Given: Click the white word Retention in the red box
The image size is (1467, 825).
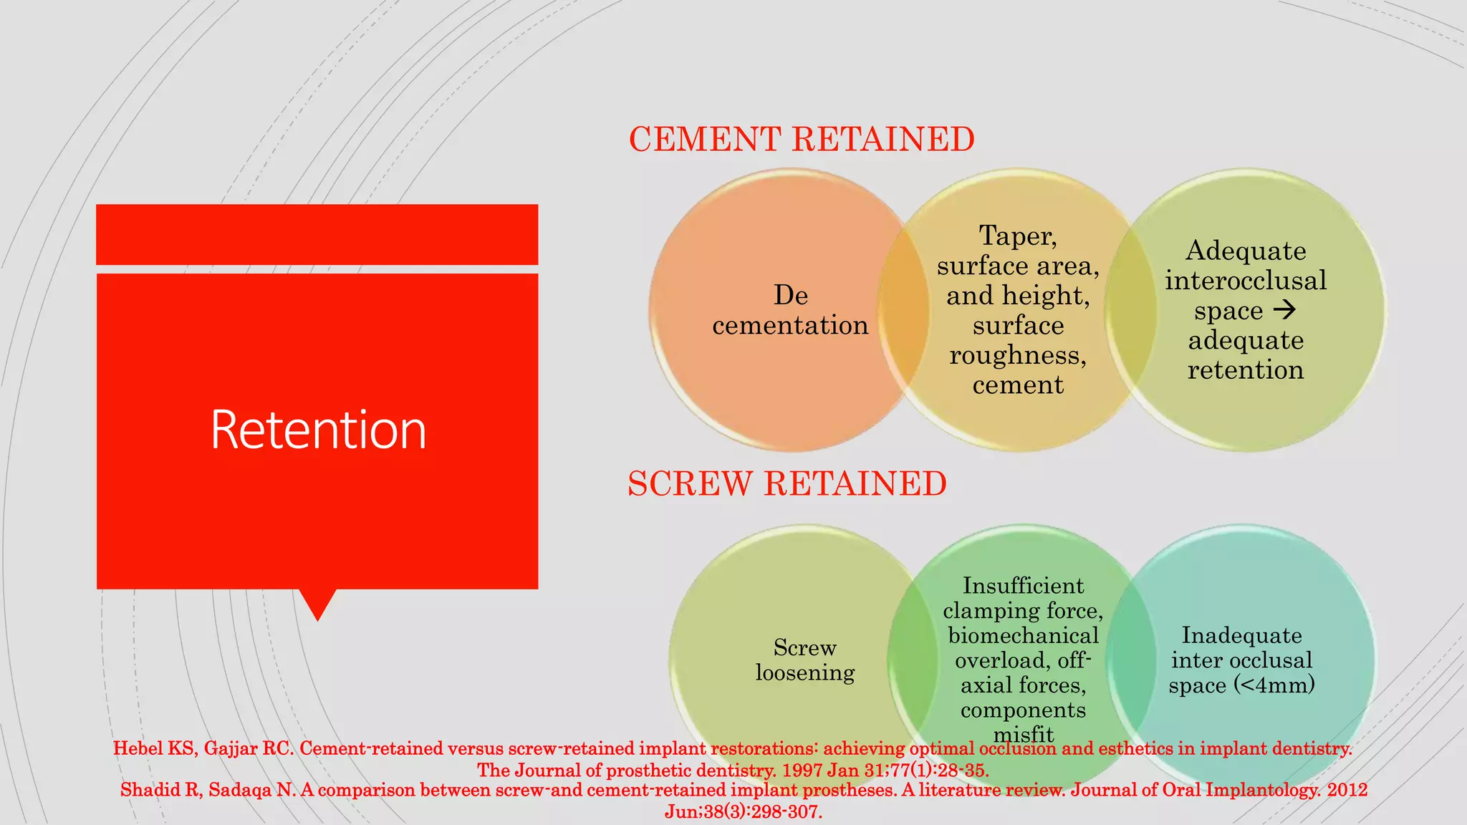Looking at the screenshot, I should click(x=318, y=430).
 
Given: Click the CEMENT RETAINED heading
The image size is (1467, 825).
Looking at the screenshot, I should click(x=802, y=139).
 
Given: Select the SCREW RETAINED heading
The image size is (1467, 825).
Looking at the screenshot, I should click(x=787, y=483).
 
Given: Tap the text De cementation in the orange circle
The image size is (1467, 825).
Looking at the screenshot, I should click(x=790, y=310).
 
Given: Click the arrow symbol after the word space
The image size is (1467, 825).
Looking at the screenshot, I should click(x=1285, y=309).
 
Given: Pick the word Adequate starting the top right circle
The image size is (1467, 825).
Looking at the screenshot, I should click(x=1246, y=251).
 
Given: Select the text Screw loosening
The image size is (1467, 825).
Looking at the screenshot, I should click(x=805, y=660).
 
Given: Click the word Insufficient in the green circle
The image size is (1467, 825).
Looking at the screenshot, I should click(x=1023, y=586).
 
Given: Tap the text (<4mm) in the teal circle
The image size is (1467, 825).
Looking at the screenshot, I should click(x=1274, y=685).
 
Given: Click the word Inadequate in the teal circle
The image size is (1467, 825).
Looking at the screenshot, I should click(x=1241, y=635).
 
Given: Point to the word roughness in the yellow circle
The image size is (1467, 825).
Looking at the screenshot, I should click(x=1017, y=355).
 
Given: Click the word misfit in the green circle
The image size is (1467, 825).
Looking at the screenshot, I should click(x=1023, y=734).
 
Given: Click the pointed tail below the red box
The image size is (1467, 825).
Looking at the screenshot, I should click(x=317, y=603).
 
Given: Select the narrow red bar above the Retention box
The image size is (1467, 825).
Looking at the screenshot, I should click(x=317, y=234).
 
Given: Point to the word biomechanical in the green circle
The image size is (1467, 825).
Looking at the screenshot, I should click(x=1023, y=636).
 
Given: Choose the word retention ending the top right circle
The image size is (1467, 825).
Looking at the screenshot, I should click(x=1246, y=370).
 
